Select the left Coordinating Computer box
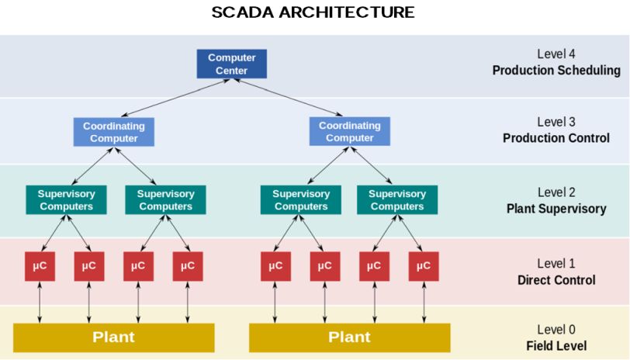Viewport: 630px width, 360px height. tap(114, 132)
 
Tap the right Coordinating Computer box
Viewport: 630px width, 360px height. tap(349, 132)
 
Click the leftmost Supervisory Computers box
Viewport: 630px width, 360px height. tap(66, 199)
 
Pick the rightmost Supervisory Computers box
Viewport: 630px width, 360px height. tap(397, 199)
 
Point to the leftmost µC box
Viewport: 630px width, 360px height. tap(40, 266)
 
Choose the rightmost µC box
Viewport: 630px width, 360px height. tap(423, 266)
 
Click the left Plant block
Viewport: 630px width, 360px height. tap(113, 337)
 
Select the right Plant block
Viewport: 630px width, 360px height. tap(349, 337)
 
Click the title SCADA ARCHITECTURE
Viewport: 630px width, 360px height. tap(313, 13)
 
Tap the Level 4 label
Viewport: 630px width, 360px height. tap(556, 54)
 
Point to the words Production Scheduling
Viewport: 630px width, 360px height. tap(556, 71)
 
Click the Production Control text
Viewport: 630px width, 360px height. tap(556, 138)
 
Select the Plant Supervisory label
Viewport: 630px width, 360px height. tap(556, 209)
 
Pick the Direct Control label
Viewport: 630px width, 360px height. tap(556, 280)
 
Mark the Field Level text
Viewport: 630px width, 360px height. tap(556, 346)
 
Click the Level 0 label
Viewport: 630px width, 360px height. tap(556, 330)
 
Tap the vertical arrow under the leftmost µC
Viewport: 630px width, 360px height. tap(40, 302)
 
